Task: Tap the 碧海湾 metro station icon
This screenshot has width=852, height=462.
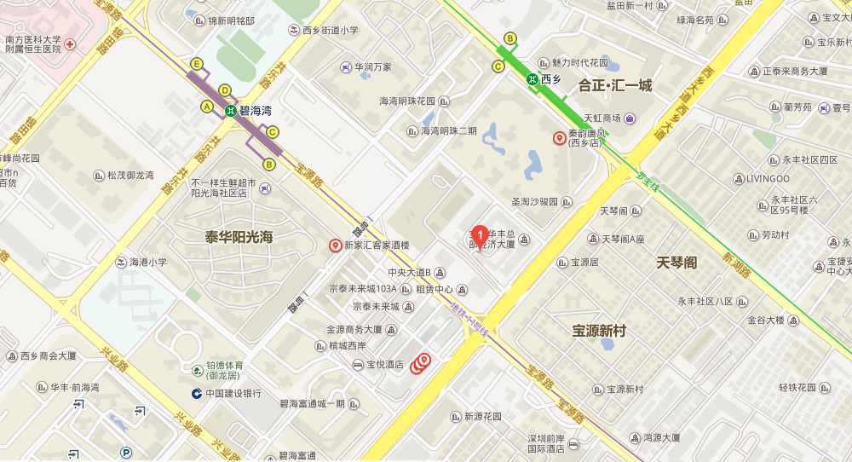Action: click(230, 110)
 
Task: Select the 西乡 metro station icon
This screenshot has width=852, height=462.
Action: click(532, 79)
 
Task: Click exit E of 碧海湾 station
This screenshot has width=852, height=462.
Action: click(197, 64)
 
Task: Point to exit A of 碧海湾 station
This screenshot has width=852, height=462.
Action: click(206, 107)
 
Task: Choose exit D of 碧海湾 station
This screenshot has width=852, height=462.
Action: click(225, 90)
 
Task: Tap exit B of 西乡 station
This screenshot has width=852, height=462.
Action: click(510, 38)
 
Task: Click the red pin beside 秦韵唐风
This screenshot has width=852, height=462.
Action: click(560, 138)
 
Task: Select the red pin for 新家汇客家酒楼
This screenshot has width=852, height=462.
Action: click(335, 245)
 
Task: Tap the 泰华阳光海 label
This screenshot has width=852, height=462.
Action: click(239, 237)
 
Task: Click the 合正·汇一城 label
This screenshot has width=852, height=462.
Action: click(614, 85)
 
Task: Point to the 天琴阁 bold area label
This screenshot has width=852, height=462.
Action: click(676, 263)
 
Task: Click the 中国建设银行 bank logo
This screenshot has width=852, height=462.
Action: click(197, 393)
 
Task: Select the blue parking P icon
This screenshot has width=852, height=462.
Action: click(126, 453)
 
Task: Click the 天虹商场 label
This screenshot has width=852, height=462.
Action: click(602, 118)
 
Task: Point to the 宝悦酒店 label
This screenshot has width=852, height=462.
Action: click(384, 364)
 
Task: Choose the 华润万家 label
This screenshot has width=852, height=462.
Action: click(373, 66)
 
